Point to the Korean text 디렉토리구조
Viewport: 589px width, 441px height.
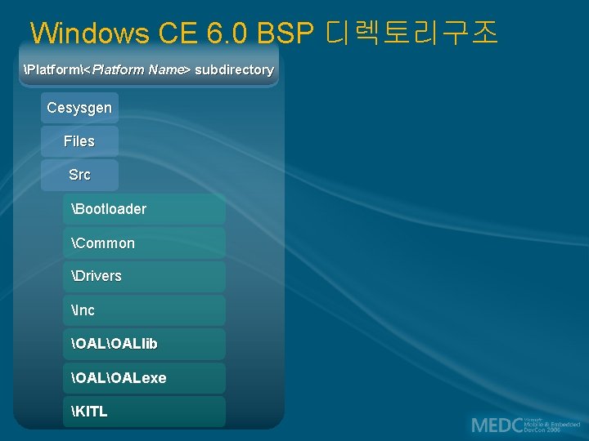(x=411, y=33)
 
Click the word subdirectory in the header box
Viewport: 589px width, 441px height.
(x=234, y=70)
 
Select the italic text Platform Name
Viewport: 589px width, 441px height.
(x=141, y=70)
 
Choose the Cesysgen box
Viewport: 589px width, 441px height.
(x=79, y=108)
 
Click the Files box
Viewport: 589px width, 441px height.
(x=79, y=141)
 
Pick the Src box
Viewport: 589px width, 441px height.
(x=79, y=175)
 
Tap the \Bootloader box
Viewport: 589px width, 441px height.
(x=144, y=209)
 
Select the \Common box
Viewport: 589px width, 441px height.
(x=144, y=243)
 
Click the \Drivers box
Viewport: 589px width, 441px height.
(x=144, y=276)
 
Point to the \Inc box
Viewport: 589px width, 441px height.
(x=144, y=310)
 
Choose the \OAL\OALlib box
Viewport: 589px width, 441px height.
(x=144, y=344)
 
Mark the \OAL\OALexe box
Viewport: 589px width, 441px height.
(x=144, y=378)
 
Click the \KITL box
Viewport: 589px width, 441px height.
(x=144, y=412)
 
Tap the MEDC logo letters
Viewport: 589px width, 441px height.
(x=497, y=425)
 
